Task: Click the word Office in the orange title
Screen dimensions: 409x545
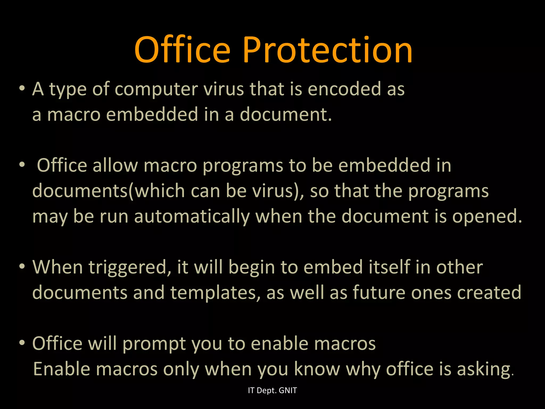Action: tap(182, 51)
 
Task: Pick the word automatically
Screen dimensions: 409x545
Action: tap(192, 216)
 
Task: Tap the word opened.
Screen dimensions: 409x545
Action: tap(487, 216)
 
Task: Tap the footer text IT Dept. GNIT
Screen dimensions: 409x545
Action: tap(272, 390)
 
